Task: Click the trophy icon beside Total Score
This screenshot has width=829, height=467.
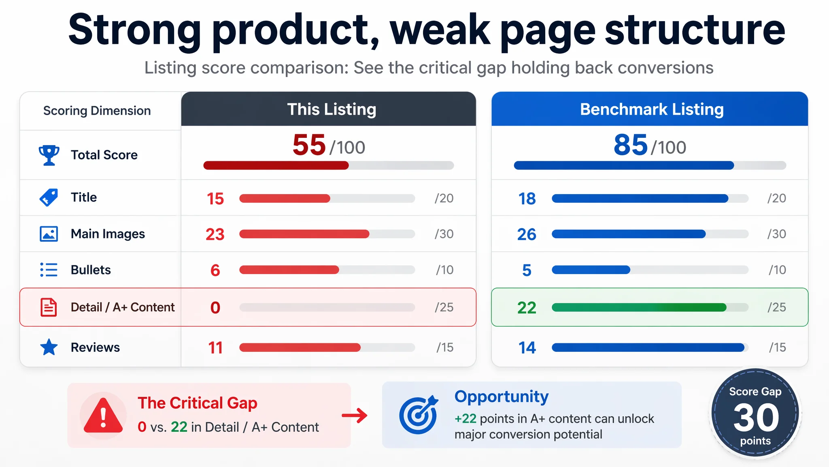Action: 49,155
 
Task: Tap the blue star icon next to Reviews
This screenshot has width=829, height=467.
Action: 49,347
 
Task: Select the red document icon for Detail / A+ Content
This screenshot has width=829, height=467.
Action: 49,307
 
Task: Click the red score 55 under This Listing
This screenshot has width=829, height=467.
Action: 309,145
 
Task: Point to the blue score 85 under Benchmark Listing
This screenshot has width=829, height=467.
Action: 631,145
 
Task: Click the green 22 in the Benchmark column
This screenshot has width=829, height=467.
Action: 527,308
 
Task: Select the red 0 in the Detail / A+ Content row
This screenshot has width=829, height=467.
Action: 215,308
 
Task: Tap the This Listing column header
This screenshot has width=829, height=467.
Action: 332,109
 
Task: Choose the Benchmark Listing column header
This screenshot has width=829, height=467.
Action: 652,109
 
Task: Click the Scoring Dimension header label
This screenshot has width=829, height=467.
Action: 97,111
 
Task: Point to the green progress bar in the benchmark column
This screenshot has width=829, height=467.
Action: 639,307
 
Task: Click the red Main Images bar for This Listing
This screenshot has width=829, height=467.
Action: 304,234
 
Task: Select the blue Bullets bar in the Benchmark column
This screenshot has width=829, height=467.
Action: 591,270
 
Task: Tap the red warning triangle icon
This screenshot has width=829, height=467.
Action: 103,416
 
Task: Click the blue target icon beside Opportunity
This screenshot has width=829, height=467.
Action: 419,414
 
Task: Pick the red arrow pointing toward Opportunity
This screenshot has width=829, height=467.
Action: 355,415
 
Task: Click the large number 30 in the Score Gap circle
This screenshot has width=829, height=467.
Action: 756,418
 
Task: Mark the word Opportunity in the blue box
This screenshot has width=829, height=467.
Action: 502,397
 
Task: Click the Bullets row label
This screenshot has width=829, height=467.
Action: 91,270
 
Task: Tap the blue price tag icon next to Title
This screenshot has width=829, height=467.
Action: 49,197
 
